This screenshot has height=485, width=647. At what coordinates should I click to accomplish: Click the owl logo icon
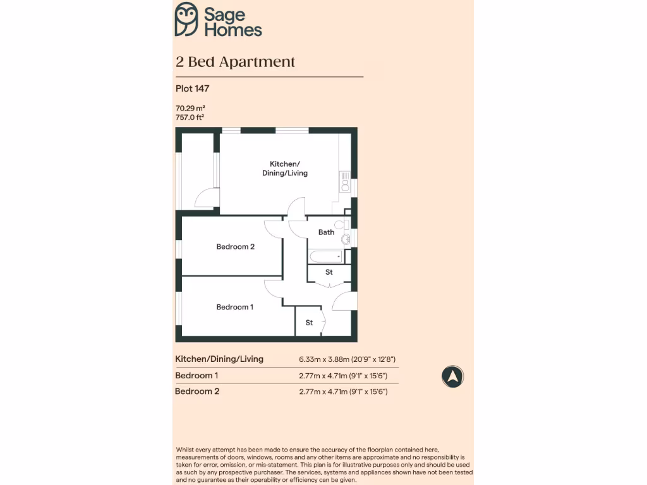point(186,19)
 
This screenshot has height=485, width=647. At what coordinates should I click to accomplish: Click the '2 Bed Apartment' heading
point(235,62)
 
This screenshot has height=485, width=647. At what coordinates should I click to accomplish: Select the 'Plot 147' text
point(192,89)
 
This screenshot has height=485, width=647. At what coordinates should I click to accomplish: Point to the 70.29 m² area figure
point(190,108)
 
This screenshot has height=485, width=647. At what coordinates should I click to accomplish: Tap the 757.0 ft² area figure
point(190,117)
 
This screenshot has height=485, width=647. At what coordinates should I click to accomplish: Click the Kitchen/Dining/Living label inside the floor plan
point(285,169)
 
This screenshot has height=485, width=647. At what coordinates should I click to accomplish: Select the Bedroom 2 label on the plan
point(235,246)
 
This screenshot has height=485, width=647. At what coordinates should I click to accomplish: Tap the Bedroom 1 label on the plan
point(234,307)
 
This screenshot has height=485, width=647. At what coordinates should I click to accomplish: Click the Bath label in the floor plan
point(326,232)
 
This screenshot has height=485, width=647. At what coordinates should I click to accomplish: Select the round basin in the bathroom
point(346,239)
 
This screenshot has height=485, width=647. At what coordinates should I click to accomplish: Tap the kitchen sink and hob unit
point(345,181)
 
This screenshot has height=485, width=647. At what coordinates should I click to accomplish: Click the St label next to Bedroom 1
point(309,323)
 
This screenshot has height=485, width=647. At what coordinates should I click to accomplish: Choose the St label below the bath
point(329,272)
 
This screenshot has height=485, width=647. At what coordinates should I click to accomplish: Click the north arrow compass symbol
point(452,376)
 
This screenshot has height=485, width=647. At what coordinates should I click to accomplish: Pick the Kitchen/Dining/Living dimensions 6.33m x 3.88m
point(347,359)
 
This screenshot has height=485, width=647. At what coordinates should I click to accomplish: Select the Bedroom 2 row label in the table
point(197,392)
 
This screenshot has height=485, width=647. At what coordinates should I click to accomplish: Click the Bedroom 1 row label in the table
point(197,376)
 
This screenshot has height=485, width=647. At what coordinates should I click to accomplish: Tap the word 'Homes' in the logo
point(233,29)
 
